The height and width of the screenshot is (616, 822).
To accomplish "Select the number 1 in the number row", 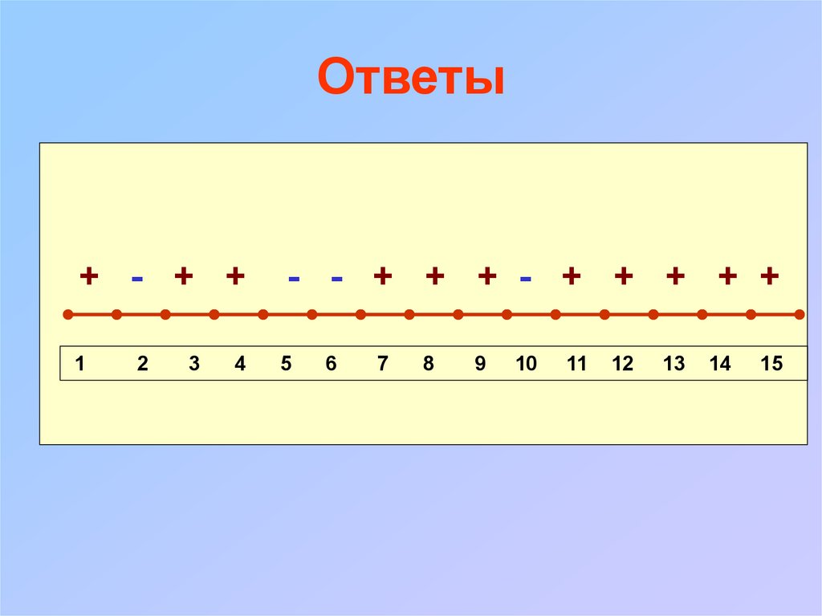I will [x=80, y=364].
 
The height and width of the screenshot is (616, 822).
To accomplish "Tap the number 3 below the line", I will [x=194, y=364].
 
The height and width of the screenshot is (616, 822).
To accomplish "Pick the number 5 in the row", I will [x=286, y=364].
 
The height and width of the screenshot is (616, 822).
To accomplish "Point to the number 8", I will [x=429, y=364].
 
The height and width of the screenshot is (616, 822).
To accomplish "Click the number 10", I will [x=526, y=364].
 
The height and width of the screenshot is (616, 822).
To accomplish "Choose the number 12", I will [x=622, y=364].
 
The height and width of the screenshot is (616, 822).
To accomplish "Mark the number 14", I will [x=720, y=364].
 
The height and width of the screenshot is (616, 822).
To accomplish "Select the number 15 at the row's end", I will [x=771, y=364].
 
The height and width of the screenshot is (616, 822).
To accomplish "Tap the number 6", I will [x=331, y=364].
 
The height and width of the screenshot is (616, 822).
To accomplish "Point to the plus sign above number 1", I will [x=89, y=276].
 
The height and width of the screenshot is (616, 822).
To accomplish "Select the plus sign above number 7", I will [x=383, y=276].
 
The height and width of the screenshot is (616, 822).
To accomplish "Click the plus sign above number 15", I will [x=770, y=276].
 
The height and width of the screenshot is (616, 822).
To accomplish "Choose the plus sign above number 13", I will [x=675, y=276].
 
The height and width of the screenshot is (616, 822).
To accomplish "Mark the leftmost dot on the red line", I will [x=68, y=315].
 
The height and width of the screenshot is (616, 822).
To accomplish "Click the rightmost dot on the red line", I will [x=800, y=315].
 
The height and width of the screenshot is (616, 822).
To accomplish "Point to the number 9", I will [x=480, y=364].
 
